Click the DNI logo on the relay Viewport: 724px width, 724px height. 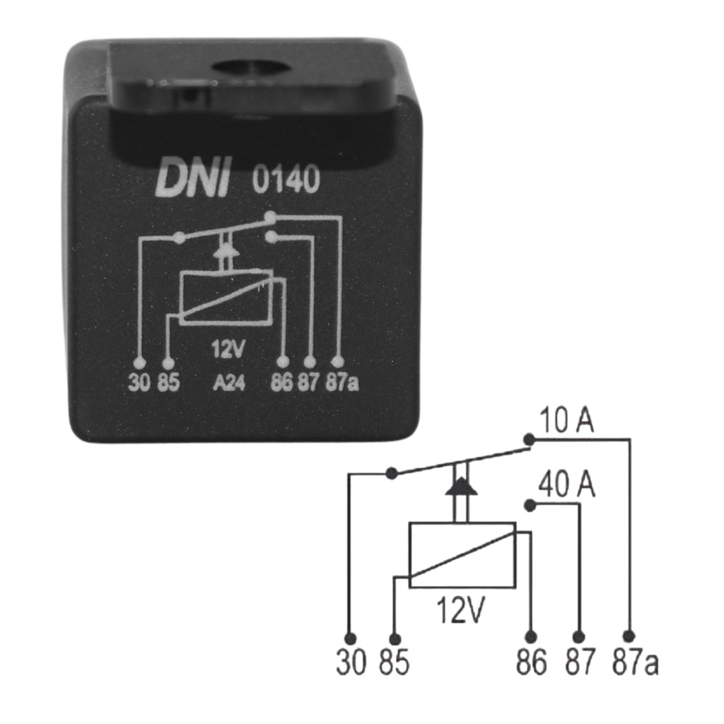click(193, 179)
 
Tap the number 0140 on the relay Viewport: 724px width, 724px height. click(286, 179)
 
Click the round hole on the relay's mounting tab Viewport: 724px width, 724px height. click(252, 69)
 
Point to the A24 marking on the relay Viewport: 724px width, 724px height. click(229, 383)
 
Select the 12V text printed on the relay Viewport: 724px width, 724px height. click(228, 349)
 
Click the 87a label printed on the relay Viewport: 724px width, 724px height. click(342, 383)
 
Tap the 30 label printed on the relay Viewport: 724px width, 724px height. click(139, 383)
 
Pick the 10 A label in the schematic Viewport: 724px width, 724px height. click(566, 420)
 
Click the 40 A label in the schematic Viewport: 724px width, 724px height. click(567, 484)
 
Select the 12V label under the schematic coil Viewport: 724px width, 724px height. click(460, 610)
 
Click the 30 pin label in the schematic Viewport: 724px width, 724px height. click(351, 662)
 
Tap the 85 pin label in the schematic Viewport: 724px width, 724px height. click(395, 662)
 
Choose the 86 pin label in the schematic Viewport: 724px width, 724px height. click(532, 662)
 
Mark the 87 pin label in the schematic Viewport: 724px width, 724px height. click(580, 662)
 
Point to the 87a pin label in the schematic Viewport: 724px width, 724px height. click(636, 662)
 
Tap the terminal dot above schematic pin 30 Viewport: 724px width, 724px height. click(351, 638)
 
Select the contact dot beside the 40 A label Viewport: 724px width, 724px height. click(530, 506)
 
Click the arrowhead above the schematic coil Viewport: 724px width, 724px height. click(461, 486)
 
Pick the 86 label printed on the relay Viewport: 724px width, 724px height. click(281, 383)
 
